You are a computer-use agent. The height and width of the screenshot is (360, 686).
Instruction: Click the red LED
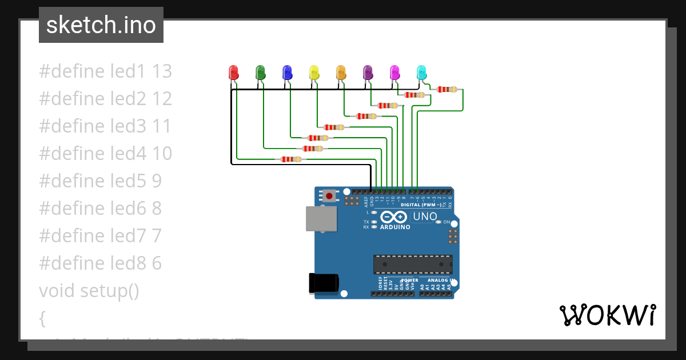(233, 73)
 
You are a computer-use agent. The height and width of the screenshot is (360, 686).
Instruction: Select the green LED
(260, 73)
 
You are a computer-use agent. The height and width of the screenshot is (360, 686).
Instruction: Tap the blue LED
(287, 73)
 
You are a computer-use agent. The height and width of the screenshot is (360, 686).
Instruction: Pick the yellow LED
(314, 73)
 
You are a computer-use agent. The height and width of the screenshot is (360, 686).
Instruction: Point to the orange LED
(341, 73)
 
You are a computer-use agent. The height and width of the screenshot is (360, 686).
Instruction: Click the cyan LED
(421, 73)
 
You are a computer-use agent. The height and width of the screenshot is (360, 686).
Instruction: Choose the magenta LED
(394, 73)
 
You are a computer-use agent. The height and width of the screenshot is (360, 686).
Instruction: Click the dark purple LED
(368, 73)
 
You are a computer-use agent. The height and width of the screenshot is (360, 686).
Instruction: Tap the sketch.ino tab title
(101, 25)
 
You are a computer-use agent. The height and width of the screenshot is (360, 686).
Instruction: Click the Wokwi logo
(607, 315)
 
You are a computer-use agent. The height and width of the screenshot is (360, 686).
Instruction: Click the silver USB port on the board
(321, 218)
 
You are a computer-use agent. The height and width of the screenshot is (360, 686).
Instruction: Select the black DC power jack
(324, 283)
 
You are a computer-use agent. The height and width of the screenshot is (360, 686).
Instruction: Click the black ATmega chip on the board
(413, 265)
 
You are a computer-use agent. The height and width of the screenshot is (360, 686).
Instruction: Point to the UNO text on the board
(425, 217)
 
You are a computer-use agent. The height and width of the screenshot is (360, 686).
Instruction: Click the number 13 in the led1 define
(162, 71)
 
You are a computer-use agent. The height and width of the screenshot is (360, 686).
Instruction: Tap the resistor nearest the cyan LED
(446, 89)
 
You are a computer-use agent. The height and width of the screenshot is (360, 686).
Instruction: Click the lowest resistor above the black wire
(291, 159)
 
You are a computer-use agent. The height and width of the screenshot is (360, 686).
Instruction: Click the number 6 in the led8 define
(157, 263)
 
